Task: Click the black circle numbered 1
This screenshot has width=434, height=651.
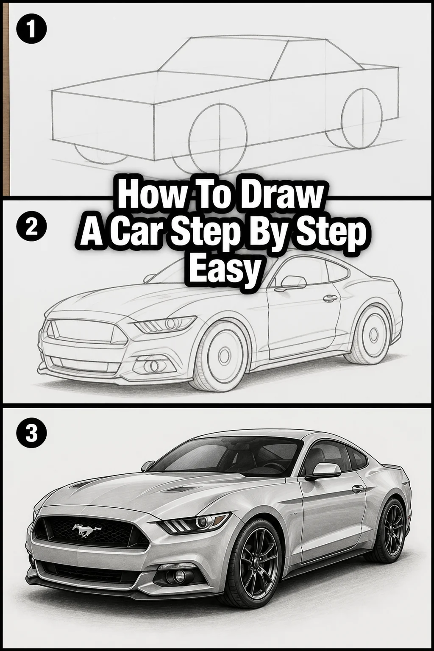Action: [31, 30]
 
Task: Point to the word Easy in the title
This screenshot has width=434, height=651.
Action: [223, 268]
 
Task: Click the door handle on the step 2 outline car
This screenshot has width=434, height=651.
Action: [331, 298]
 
